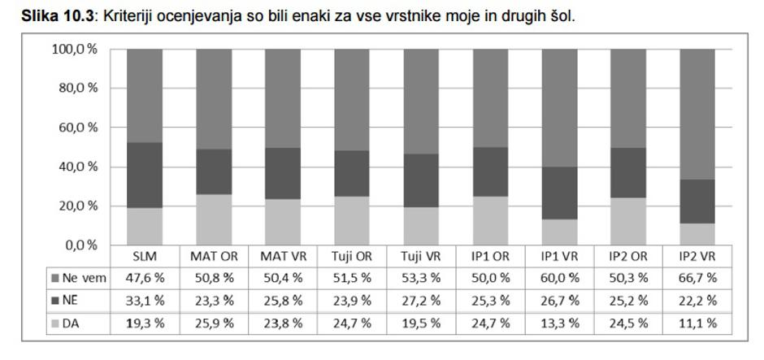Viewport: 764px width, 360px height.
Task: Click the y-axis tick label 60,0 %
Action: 75,128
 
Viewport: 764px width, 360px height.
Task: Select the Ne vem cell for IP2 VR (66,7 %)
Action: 697,278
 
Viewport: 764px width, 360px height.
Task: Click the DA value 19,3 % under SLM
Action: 145,323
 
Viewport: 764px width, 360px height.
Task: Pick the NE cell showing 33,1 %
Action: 145,301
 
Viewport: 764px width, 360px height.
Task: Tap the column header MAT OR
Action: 214,256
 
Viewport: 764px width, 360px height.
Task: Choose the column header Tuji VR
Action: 421,256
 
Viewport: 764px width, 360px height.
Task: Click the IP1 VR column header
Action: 559,256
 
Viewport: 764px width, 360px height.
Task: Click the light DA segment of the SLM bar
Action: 145,226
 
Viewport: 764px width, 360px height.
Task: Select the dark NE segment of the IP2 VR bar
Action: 697,201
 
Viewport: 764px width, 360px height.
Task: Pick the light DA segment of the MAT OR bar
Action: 214,219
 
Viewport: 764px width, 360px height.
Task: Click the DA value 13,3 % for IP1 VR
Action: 559,323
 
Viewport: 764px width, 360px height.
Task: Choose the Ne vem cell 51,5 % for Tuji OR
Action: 352,278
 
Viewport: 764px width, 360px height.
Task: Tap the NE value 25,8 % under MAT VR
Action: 283,301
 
